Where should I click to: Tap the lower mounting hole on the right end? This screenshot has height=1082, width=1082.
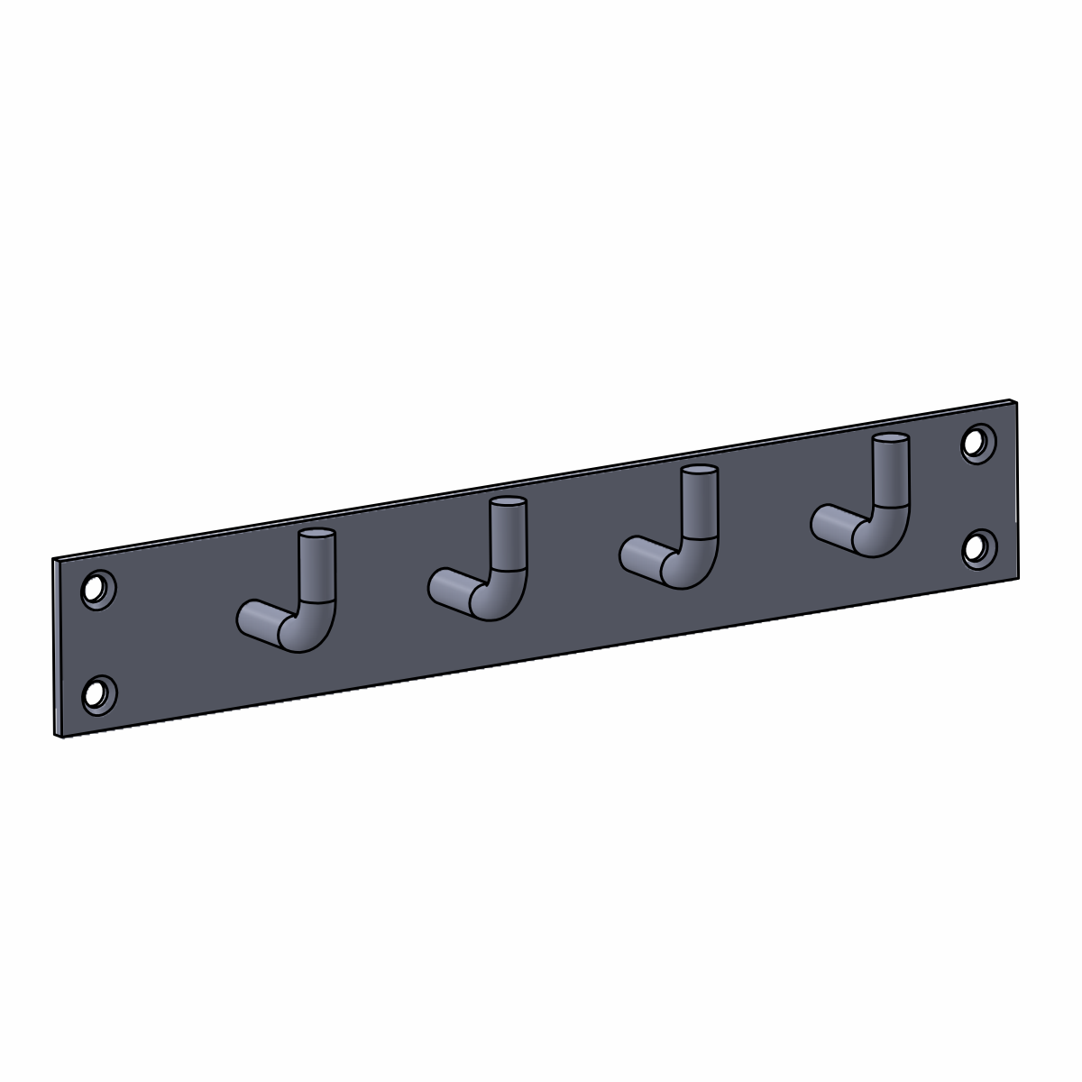(x=977, y=547)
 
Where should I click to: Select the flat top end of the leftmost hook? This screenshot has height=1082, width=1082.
(x=317, y=536)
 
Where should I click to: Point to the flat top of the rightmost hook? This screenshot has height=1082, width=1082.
(x=891, y=440)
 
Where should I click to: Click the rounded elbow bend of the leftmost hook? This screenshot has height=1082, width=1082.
(x=311, y=626)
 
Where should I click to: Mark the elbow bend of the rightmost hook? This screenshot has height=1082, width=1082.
(x=885, y=532)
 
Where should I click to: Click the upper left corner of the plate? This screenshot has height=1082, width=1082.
(x=54, y=560)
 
